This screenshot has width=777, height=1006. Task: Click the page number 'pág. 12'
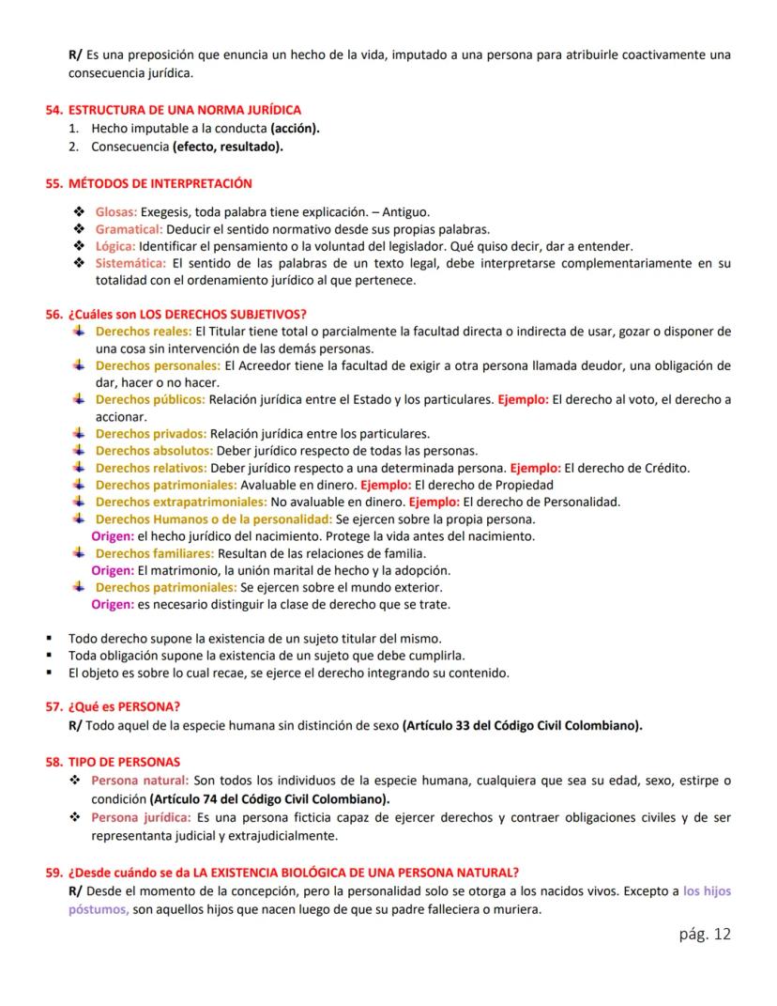pos(703,934)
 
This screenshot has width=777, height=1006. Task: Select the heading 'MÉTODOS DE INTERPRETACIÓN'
pos(160,183)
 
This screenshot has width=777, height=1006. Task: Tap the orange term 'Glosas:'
pos(116,212)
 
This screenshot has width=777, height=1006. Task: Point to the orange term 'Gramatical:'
pos(129,229)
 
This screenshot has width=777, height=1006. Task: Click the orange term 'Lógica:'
pos(115,246)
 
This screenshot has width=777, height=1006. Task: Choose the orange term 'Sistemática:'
pos(131,263)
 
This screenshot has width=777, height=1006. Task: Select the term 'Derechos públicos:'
pos(150,399)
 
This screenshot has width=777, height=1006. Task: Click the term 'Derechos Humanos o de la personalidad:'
pos(214,519)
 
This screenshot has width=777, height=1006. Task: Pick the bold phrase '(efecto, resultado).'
pos(228,147)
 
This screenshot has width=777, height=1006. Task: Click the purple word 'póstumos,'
pos(98,909)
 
